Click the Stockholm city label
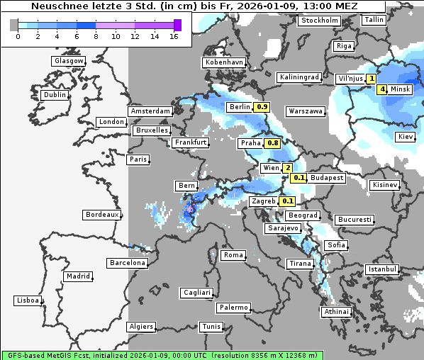tap(318, 21)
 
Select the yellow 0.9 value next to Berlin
tap(262, 107)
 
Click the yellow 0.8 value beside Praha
tap(272, 143)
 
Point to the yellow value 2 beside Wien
tap(287, 168)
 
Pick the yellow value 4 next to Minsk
tap(382, 89)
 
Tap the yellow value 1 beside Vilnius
tap(372, 79)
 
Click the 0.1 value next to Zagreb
tap(287, 201)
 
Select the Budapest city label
tap(327, 178)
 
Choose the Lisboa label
tap(28, 300)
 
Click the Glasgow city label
tap(68, 61)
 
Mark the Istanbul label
tap(382, 269)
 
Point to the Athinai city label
tap(336, 312)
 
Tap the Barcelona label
tap(128, 263)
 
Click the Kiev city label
tap(405, 137)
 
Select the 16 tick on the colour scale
tap(174, 35)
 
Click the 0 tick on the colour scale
tap(17, 35)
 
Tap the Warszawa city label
tap(306, 111)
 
